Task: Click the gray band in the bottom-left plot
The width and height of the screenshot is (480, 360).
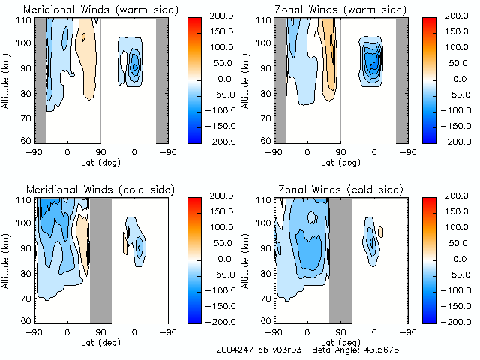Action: pyautogui.click(x=100, y=259)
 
